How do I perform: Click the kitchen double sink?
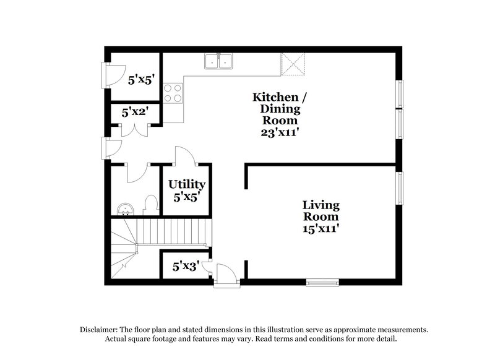pos(218,61)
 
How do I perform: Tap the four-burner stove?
pos(173,92)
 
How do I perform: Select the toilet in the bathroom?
pos(150,205)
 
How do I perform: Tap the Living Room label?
pos(321,211)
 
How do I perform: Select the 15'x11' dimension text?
pos(321,228)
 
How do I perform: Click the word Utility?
pos(186,184)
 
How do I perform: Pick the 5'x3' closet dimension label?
pos(185,267)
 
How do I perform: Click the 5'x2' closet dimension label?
pos(134,113)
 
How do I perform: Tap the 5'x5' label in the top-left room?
pos(140,79)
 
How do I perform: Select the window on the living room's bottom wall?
pos(323,283)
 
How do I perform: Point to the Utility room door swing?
pos(185,156)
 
